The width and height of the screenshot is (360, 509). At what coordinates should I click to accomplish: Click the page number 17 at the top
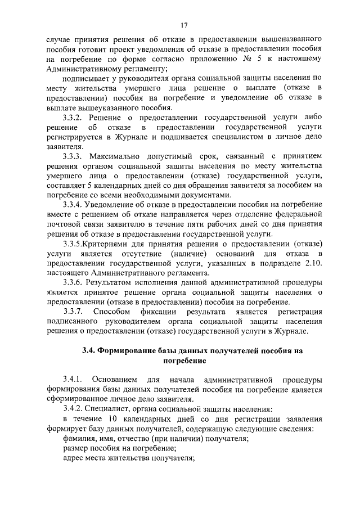pos(184,25)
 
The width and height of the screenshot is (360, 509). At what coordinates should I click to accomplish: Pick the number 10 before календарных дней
pos(112,419)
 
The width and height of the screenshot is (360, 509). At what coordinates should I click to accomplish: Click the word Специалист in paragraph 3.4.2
pos(112,409)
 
